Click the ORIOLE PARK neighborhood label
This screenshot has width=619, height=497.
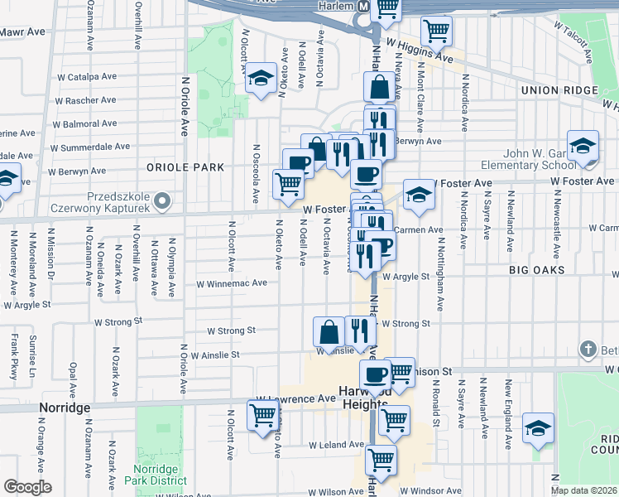point(185,166)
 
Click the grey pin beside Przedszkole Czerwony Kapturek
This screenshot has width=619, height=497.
point(164,200)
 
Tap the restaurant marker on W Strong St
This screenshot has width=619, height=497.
point(359,331)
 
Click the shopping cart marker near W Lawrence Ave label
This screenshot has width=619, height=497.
point(262,414)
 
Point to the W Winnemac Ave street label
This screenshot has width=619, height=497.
point(231,282)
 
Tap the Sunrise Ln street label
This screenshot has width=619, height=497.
point(32,353)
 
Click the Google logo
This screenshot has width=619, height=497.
point(27,487)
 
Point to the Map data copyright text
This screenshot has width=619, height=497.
point(584,490)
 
